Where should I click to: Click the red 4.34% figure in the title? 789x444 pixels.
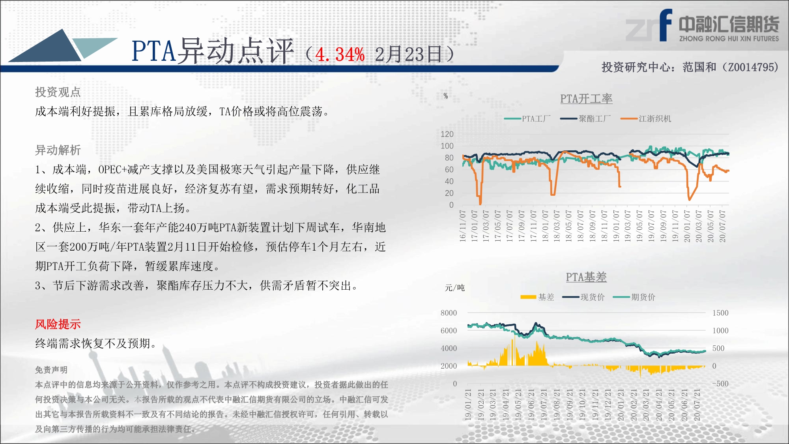pos(340,54)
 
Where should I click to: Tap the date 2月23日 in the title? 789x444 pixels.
pos(408,54)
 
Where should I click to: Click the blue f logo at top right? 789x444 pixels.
pos(666,25)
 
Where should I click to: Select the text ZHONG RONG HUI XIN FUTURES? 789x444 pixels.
pos(729,39)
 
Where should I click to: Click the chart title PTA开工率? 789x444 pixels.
pos(586,99)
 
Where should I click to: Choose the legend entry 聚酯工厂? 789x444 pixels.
pos(585,118)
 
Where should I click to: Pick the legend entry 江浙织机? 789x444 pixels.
pos(646,118)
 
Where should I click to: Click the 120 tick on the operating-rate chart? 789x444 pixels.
pos(447,134)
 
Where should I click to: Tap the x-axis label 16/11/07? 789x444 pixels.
pos(463,226)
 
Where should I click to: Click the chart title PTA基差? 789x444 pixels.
pos(586,277)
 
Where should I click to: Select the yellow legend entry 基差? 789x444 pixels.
pos(537,297)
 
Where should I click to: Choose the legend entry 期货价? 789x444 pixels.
pos(634,297)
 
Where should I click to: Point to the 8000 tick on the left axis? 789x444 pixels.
pos(449,313)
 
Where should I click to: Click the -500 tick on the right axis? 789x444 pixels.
pos(720,384)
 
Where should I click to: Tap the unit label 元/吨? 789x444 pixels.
pos(455,288)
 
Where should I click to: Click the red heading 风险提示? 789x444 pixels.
pos(58,324)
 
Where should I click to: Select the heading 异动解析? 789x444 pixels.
pos(58,150)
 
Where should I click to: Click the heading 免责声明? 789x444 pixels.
pos(51,370)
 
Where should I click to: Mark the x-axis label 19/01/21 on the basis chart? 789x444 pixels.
pos(468,405)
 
